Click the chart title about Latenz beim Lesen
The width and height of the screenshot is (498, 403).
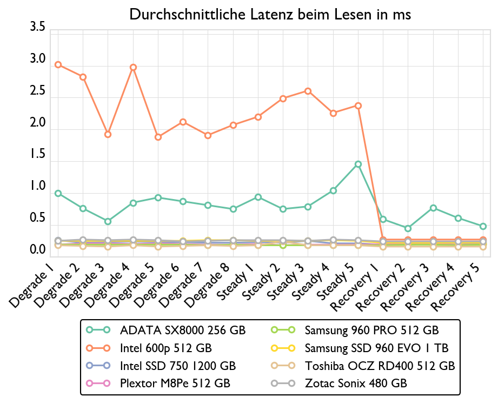click(x=270, y=15)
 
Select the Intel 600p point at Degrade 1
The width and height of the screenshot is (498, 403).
click(x=58, y=65)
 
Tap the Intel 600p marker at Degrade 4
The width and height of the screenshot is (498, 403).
click(x=133, y=68)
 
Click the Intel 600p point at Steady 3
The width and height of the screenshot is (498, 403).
click(x=308, y=91)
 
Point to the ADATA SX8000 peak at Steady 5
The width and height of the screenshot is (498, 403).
click(x=358, y=164)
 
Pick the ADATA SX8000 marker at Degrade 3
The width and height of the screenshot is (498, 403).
click(x=108, y=221)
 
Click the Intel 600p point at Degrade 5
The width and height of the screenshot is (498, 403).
click(x=158, y=137)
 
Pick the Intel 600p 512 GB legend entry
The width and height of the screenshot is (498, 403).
click(x=166, y=347)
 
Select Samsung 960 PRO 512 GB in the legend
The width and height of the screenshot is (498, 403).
click(x=371, y=330)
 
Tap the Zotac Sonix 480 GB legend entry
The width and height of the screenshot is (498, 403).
click(x=356, y=384)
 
